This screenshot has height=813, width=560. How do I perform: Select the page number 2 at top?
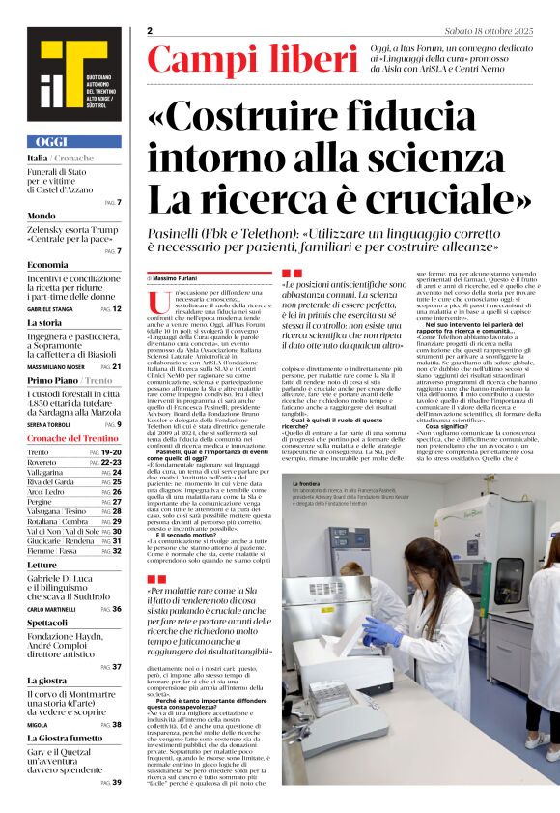151,31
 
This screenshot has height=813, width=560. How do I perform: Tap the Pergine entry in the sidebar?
41,502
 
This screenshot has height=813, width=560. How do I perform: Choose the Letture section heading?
43,564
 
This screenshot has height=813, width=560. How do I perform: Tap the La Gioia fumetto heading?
66,738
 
